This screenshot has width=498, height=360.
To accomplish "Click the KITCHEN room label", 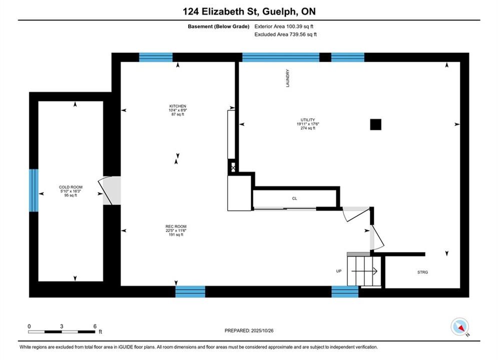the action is coord(178,106).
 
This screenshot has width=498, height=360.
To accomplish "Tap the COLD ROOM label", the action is coord(71,187).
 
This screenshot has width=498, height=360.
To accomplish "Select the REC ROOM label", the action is coord(176,226).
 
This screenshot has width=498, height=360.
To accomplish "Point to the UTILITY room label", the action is coord(308,120).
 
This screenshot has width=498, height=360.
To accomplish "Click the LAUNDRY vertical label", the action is coord(288,78).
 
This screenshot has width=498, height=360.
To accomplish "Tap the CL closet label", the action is coord(294,198).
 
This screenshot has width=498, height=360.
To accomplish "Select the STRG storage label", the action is coord(422,272).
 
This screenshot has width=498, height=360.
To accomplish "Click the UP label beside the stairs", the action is coord(338,271).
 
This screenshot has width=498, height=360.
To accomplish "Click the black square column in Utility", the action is coord(376,124).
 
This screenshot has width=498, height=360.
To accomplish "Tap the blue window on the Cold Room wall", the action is coord(34,190).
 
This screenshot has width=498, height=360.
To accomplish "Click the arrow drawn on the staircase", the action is coord(364,271).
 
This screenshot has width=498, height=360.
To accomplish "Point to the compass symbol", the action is coord(459,326).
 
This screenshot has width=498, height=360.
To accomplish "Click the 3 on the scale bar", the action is coord(62,326).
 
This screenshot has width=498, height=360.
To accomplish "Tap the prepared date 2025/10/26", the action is coord(262,330).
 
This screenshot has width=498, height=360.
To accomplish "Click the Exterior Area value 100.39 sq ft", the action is coord(300,26).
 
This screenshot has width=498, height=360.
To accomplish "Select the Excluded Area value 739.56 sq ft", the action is coord(303,34).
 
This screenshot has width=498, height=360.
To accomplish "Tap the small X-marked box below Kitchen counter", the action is coord(233,167).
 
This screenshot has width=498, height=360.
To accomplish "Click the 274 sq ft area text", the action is coord(308,128).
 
